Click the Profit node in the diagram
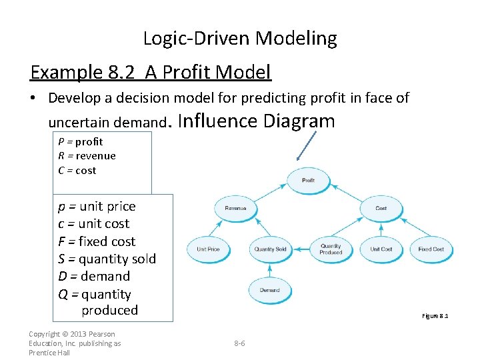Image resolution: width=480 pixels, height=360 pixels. [308, 180]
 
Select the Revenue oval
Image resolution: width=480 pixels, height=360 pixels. [235, 208]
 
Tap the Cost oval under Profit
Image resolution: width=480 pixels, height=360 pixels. [381, 208]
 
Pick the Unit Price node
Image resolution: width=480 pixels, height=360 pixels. [208, 249]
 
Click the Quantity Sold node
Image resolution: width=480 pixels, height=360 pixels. [270, 249]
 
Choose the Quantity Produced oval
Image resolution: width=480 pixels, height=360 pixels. [331, 249]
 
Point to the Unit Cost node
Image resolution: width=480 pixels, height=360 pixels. [381, 249]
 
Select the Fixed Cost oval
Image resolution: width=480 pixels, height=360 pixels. [431, 249]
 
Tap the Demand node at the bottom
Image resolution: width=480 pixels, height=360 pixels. [270, 290]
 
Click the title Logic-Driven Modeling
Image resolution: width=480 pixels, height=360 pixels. [240, 39]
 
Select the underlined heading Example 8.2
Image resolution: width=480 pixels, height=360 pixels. [151, 72]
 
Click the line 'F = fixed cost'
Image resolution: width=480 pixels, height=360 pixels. [97, 241]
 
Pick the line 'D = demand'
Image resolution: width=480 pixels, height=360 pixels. [94, 276]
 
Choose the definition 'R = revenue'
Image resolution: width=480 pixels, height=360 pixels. [87, 156]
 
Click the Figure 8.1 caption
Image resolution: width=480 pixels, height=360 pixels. [435, 316]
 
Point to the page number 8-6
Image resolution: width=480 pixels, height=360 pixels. [239, 343]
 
